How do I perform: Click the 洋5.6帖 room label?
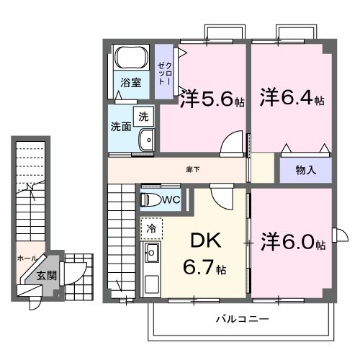pos(212,99)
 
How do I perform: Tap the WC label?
pos(171,198)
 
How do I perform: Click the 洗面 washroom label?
pos(121,127)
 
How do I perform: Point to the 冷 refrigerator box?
pos(151,228)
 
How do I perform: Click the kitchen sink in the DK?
pos(152,253)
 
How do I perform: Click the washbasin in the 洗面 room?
pos(147,141)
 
